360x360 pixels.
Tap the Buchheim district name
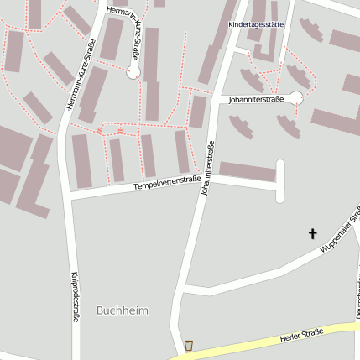123,310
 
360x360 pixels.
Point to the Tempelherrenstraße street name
167,180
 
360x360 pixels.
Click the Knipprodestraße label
76,297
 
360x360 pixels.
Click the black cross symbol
314,233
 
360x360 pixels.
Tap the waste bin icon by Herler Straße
189,345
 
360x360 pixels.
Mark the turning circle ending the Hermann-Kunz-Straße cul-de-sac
133,73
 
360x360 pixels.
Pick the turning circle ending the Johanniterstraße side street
295,98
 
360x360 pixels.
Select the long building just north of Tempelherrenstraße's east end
248,172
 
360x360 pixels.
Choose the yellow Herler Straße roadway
252,345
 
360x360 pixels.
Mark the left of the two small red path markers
100,130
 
